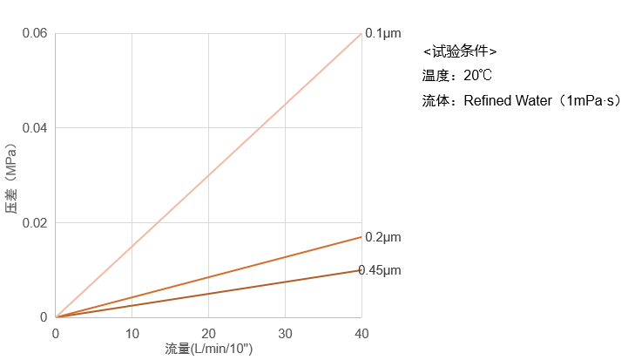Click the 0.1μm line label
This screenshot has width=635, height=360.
pyautogui.click(x=382, y=33)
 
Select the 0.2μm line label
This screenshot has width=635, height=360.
pyautogui.click(x=382, y=237)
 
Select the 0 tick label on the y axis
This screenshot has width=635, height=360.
pyautogui.click(x=44, y=317)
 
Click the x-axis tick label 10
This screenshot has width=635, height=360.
pyautogui.click(x=132, y=334)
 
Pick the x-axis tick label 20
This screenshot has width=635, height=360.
pyautogui.click(x=208, y=334)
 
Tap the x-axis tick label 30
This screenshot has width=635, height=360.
pyautogui.click(x=285, y=334)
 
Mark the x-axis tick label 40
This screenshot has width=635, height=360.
pyautogui.click(x=361, y=334)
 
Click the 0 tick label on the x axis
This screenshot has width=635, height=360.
pyautogui.click(x=56, y=334)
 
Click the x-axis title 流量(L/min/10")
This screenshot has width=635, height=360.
pyautogui.click(x=209, y=349)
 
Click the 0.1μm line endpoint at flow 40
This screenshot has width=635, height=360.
pyautogui.click(x=361, y=33)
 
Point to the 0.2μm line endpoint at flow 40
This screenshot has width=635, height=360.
pyautogui.click(x=361, y=237)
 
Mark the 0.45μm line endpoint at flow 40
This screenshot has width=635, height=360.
pyautogui.click(x=361, y=270)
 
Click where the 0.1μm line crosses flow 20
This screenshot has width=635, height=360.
pyautogui.click(x=208, y=175)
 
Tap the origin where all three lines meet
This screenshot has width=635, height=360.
pyautogui.click(x=56, y=317)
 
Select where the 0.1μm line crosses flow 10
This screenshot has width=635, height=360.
pyautogui.click(x=132, y=247)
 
